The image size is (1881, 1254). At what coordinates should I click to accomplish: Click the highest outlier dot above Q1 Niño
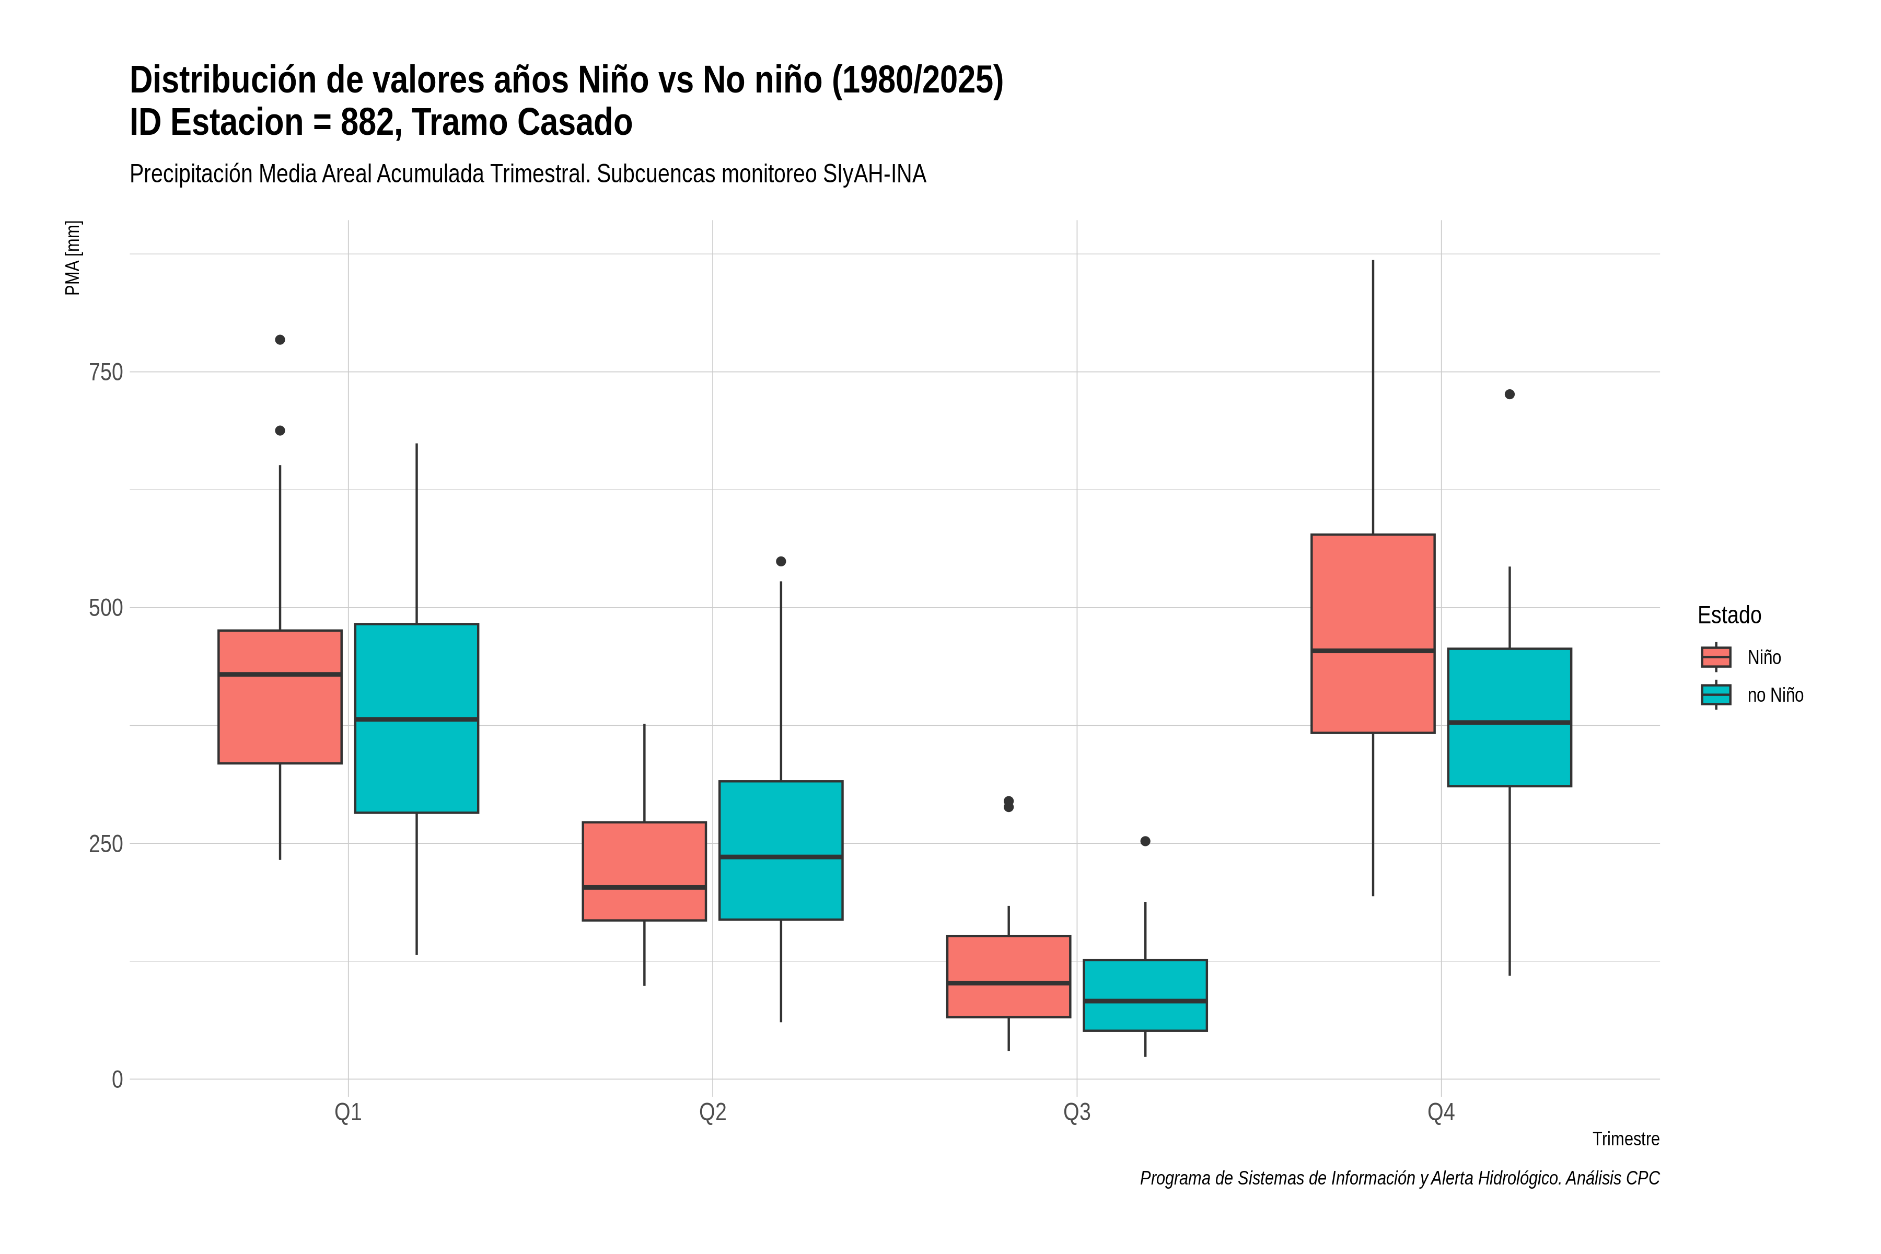click(280, 340)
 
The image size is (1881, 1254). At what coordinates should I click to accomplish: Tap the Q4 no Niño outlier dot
click(1509, 394)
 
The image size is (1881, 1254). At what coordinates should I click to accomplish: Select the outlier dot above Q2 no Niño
click(781, 561)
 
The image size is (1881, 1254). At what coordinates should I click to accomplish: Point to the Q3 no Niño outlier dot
click(1145, 841)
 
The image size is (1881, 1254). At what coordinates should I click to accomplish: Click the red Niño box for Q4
click(1373, 633)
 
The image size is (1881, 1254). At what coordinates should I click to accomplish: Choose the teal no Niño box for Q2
click(781, 850)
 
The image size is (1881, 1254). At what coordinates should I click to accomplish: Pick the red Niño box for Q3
click(1008, 977)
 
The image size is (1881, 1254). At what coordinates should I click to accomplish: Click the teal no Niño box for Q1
click(416, 718)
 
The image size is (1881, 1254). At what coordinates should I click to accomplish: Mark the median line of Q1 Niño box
click(280, 674)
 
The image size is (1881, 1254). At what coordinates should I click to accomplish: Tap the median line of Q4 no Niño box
click(1509, 722)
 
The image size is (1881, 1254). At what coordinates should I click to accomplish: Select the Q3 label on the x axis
click(1076, 1112)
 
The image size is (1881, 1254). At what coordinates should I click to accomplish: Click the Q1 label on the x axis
click(348, 1112)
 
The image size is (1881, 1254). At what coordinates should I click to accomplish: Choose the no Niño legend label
click(1775, 695)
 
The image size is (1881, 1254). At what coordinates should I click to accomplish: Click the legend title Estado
click(1729, 615)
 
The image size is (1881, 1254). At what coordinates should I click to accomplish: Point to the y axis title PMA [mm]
click(73, 258)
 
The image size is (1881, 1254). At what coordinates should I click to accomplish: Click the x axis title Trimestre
click(1626, 1139)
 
